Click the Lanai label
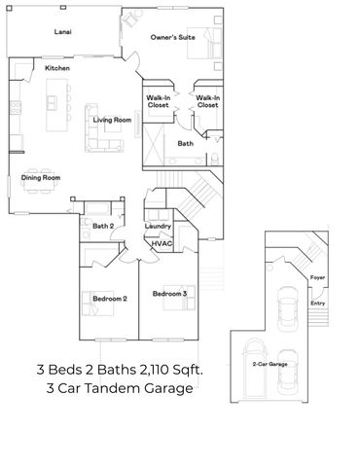click(63, 32)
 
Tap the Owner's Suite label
click(173, 37)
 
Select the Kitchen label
click(57, 68)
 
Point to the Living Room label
click(112, 120)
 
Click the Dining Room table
click(41, 181)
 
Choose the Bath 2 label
click(103, 226)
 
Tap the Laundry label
click(158, 226)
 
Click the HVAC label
click(162, 243)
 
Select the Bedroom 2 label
click(110, 299)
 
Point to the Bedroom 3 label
click(169, 294)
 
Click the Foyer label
click(317, 277)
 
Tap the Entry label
click(318, 304)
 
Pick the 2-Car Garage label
click(270, 364)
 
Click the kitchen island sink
click(52, 103)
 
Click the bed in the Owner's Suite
click(204, 43)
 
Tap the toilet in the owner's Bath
click(215, 159)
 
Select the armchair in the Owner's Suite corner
click(131, 18)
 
